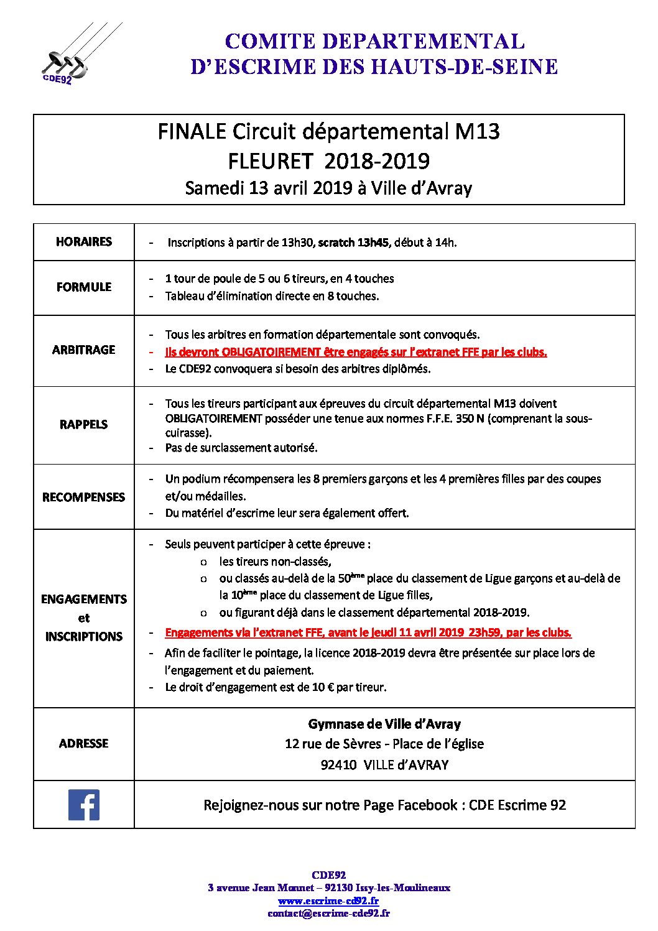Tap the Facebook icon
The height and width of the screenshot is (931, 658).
[x=84, y=805]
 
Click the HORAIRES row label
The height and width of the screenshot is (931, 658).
[x=84, y=242]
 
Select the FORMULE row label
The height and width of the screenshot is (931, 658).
[x=84, y=287]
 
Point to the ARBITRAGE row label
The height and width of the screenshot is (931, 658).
[x=84, y=350]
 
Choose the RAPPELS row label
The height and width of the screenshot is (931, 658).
[x=84, y=425]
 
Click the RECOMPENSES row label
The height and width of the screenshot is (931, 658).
[x=84, y=498]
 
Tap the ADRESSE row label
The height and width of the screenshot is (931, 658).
[x=84, y=744]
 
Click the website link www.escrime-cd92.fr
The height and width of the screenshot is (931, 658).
[x=328, y=901]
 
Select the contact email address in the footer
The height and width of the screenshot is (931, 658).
[x=328, y=914]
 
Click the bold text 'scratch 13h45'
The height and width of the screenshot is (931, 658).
[x=353, y=243]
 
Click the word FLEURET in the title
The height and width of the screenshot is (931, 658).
[x=270, y=162]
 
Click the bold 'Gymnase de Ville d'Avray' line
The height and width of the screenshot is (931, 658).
[x=384, y=725]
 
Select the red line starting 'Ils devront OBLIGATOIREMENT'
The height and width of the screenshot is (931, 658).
[x=356, y=352]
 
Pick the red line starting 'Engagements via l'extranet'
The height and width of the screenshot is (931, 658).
[x=368, y=633]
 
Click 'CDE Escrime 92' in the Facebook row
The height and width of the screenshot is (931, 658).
[x=517, y=805]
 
